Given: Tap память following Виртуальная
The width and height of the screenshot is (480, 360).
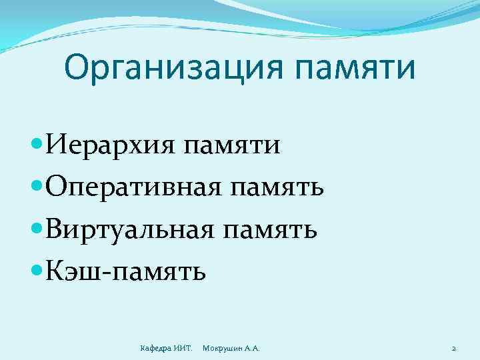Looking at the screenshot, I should pyautogui.click(x=271, y=231).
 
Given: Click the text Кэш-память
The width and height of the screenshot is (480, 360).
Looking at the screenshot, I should pyautogui.click(x=127, y=272).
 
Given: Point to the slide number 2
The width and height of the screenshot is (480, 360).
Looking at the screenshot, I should pyautogui.click(x=453, y=348).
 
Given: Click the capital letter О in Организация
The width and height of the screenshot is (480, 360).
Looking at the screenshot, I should pyautogui.click(x=77, y=67).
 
